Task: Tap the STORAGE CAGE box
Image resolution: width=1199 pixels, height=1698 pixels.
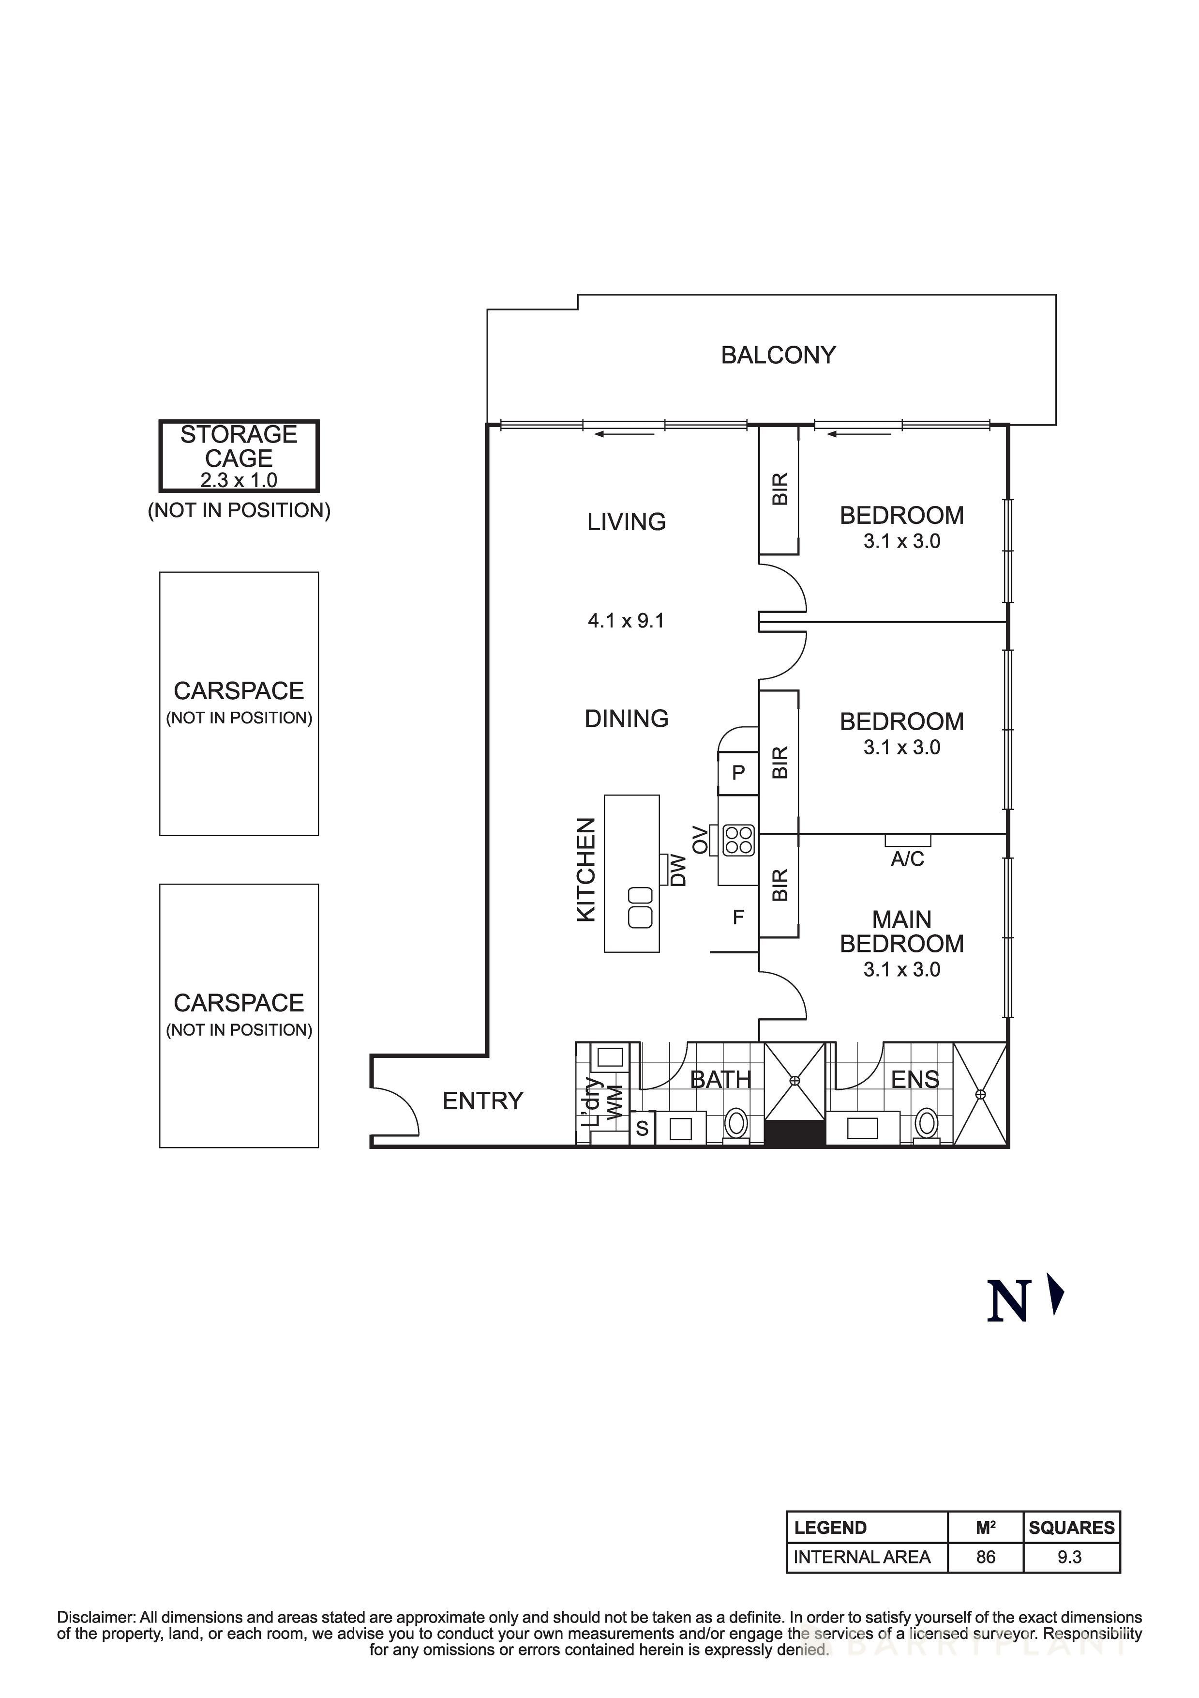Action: [x=239, y=456]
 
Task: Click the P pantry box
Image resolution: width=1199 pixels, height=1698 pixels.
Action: [x=738, y=773]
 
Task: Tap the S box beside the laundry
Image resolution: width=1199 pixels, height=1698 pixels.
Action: [x=642, y=1129]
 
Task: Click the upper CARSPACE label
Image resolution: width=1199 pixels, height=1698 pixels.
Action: [x=239, y=691]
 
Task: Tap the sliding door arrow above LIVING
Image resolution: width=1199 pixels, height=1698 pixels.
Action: [x=625, y=434]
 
